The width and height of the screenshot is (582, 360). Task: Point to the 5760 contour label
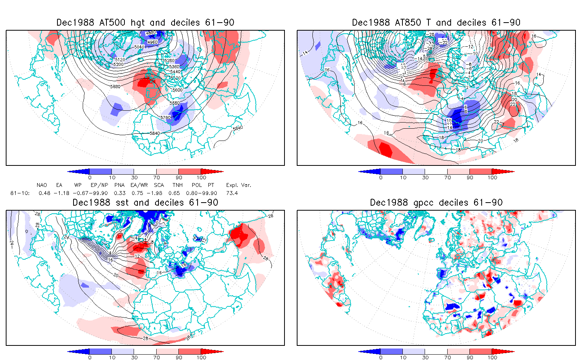coord(165,118)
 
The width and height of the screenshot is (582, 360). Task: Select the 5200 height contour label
coord(118,64)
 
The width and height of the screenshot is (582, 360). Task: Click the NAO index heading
coord(42,185)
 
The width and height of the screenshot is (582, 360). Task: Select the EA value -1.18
coord(62,193)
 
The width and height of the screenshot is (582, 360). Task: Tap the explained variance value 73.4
coord(232,193)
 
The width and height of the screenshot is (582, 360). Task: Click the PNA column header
coord(119,185)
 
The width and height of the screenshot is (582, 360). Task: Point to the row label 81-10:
coord(20,193)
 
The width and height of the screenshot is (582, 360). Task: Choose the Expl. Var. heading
coord(239,185)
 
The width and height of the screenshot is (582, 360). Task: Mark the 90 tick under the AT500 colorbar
coord(179,177)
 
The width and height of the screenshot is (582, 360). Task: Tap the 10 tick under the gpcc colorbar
coord(403,357)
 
